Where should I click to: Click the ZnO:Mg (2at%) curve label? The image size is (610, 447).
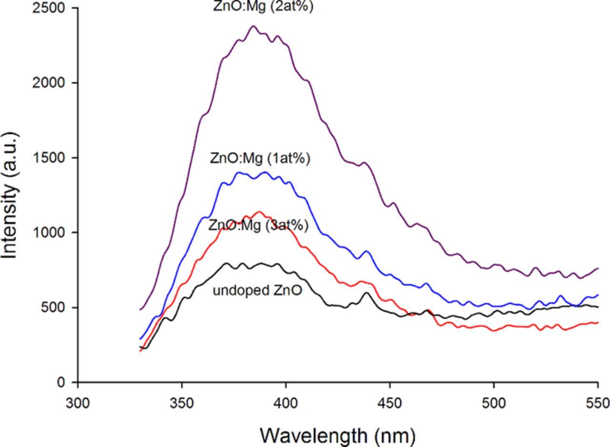pos(263,7)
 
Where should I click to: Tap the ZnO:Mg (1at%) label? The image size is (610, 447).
pos(260,159)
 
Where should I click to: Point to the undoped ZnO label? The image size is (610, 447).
pos(257,291)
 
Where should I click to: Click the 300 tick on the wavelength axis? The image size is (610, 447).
pos(78,403)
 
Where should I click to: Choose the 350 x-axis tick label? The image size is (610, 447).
pos(182,403)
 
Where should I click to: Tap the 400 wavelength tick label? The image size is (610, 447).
pos(286,403)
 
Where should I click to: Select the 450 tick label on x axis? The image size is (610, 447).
pos(390,403)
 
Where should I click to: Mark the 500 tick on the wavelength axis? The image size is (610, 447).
pos(494,403)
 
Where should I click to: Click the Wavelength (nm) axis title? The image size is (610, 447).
pos(337,435)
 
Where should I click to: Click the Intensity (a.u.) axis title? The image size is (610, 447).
pos(10,195)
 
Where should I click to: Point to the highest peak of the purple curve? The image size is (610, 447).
pos(253,26)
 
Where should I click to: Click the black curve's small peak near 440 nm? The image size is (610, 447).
pos(366,293)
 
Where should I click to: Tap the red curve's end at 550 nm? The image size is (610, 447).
pos(597,323)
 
